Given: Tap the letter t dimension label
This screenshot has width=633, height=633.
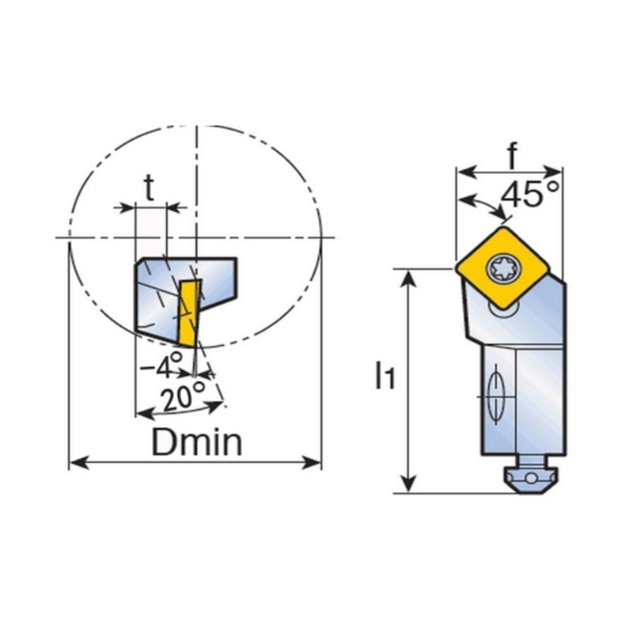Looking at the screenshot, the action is tap(150, 188).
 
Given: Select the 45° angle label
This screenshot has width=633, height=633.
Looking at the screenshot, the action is tap(530, 194).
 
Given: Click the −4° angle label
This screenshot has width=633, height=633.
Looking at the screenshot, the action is tap(163, 365).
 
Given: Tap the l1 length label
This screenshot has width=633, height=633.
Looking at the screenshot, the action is tap(384, 376).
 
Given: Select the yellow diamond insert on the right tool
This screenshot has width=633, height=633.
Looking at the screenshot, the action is tap(502, 267).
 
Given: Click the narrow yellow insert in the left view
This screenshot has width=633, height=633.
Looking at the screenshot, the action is tap(189, 313).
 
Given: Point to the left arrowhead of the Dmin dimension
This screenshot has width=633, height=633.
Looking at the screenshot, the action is tap(78, 463).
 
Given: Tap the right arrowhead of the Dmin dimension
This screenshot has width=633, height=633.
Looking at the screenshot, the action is tap(312, 463).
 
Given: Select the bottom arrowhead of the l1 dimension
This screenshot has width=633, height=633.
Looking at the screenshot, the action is tap(409, 483).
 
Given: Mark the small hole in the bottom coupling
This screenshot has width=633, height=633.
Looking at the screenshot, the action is tap(531, 479).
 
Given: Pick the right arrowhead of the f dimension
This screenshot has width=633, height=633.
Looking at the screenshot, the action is tap(553, 172).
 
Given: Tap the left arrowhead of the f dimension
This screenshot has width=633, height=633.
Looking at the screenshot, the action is tap(465, 172).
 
